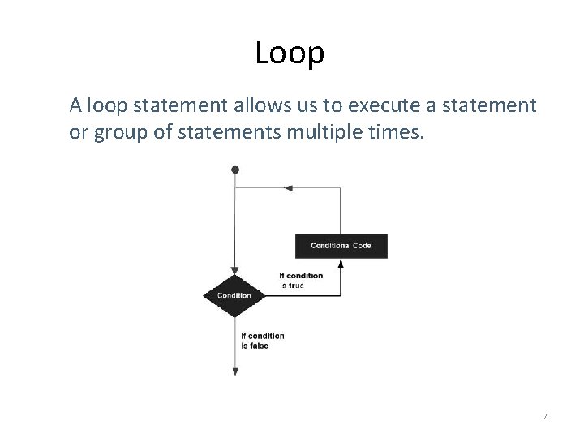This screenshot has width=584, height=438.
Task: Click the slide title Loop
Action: [290, 53]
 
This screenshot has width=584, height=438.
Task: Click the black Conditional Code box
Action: [341, 246]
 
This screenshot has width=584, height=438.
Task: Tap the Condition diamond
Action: [234, 295]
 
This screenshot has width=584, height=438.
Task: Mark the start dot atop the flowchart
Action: [235, 170]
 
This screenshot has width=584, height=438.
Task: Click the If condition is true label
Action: [301, 280]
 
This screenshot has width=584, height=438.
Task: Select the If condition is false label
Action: [262, 341]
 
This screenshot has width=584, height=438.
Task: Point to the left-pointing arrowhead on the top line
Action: [288, 187]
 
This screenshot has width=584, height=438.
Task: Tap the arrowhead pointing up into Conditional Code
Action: [341, 264]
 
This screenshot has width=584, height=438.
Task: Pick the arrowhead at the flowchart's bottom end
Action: [235, 371]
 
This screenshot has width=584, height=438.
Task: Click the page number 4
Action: [546, 419]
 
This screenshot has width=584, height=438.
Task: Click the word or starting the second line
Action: [78, 132]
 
